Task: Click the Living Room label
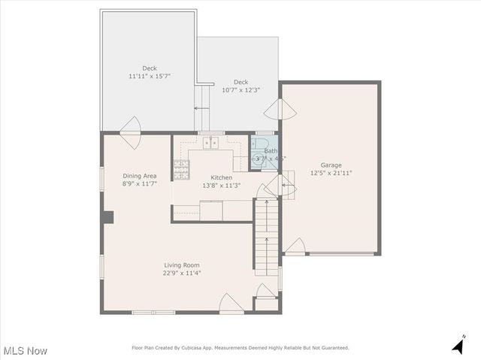182,265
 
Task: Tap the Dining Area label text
139,176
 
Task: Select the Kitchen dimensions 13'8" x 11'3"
221,186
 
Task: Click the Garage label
331,165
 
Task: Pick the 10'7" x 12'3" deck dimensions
240,90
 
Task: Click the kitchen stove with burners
180,171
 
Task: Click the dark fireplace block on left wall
107,217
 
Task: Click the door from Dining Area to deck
130,126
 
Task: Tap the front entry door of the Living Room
231,304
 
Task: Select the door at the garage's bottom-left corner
295,247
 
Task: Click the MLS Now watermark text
26,351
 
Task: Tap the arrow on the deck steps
201,109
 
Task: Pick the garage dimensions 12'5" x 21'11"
331,173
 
